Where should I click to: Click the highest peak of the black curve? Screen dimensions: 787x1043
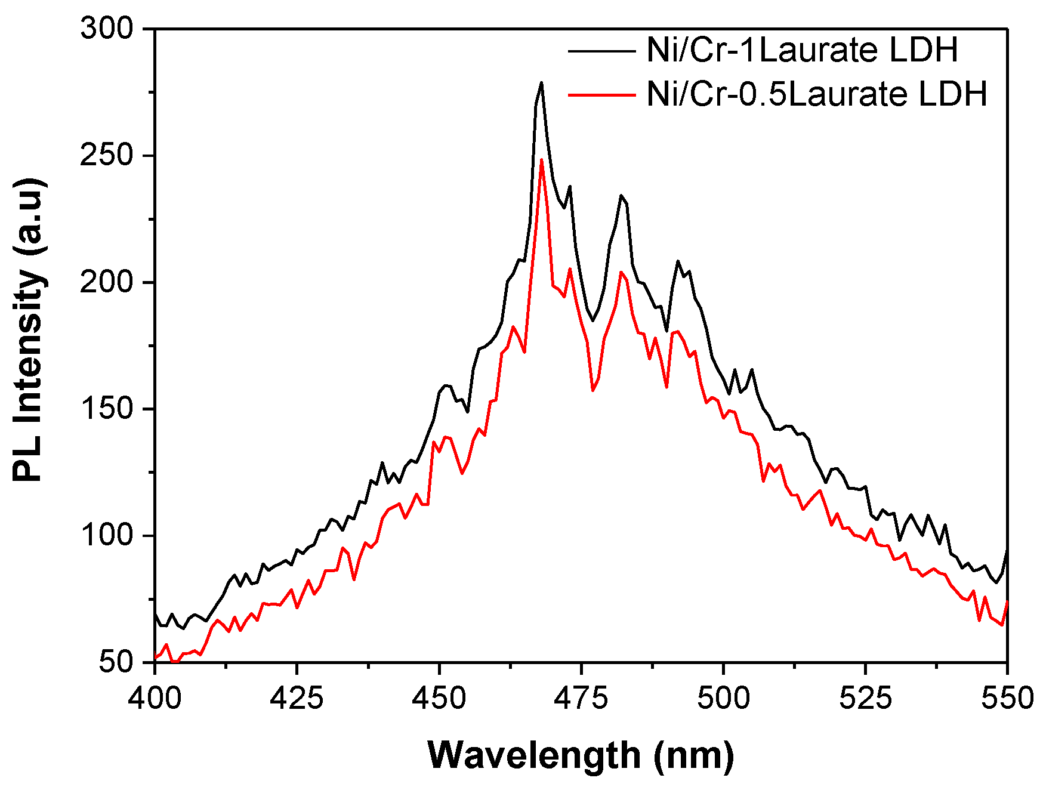541,83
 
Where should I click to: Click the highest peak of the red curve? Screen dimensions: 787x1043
541,159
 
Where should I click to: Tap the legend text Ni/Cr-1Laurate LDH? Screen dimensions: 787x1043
802,50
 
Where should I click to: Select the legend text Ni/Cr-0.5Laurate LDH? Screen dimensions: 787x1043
817,94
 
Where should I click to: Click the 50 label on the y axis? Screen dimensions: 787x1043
117,662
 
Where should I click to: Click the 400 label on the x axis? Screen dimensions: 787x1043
155,698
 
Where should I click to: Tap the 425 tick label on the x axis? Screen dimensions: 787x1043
297,698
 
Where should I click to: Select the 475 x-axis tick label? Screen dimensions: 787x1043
581,698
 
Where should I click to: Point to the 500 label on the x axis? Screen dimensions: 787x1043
723,698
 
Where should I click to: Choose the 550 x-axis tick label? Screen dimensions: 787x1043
1007,698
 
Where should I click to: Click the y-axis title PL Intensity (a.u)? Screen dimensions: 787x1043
29,329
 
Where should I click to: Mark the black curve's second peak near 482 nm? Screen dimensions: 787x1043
621,195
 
